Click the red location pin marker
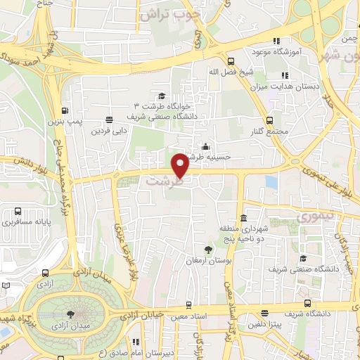[181, 166]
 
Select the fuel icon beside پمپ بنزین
[65, 111]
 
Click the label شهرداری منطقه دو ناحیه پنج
[243, 233]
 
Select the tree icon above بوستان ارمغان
[208, 250]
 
